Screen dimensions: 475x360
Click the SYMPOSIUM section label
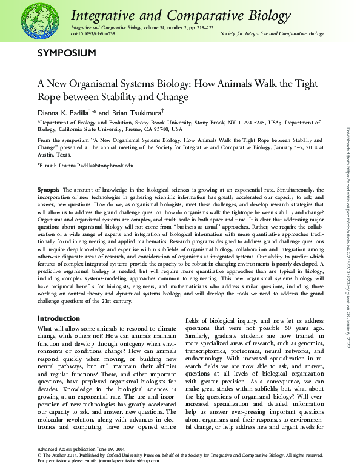pos(67,53)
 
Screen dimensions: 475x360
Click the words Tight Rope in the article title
pos(296,84)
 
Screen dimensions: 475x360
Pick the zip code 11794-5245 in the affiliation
pos(255,122)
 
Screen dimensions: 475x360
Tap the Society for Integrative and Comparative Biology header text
pos(272,34)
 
